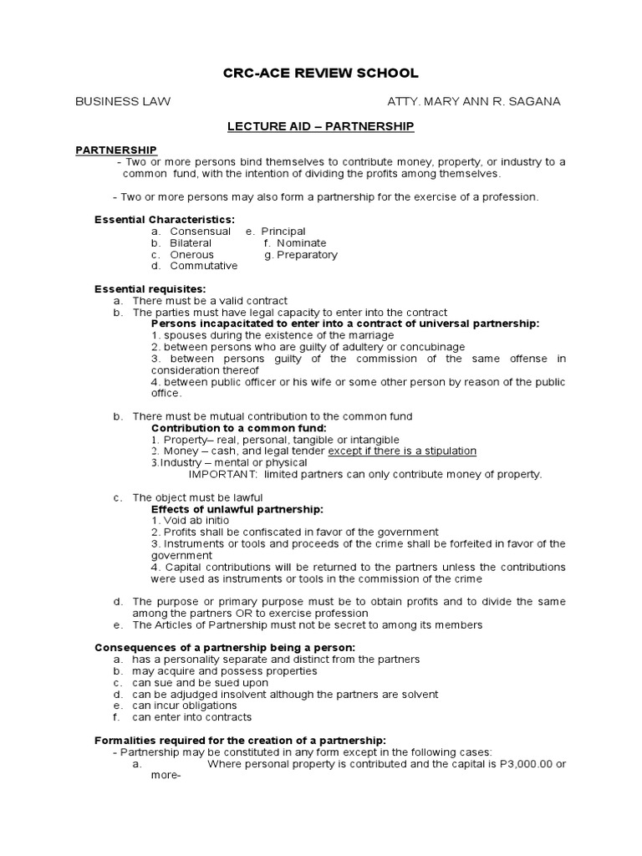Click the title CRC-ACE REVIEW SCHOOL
pyautogui.click(x=320, y=74)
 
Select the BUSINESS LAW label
pyautogui.click(x=123, y=101)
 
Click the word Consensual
pyautogui.click(x=200, y=231)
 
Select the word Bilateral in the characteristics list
pyautogui.click(x=191, y=242)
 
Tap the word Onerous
pyautogui.click(x=191, y=254)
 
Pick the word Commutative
pyautogui.click(x=203, y=266)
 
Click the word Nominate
pyautogui.click(x=301, y=242)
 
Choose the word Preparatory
pyautogui.click(x=307, y=254)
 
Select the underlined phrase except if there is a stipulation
pyautogui.click(x=402, y=451)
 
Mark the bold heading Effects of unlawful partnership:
pyautogui.click(x=237, y=508)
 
